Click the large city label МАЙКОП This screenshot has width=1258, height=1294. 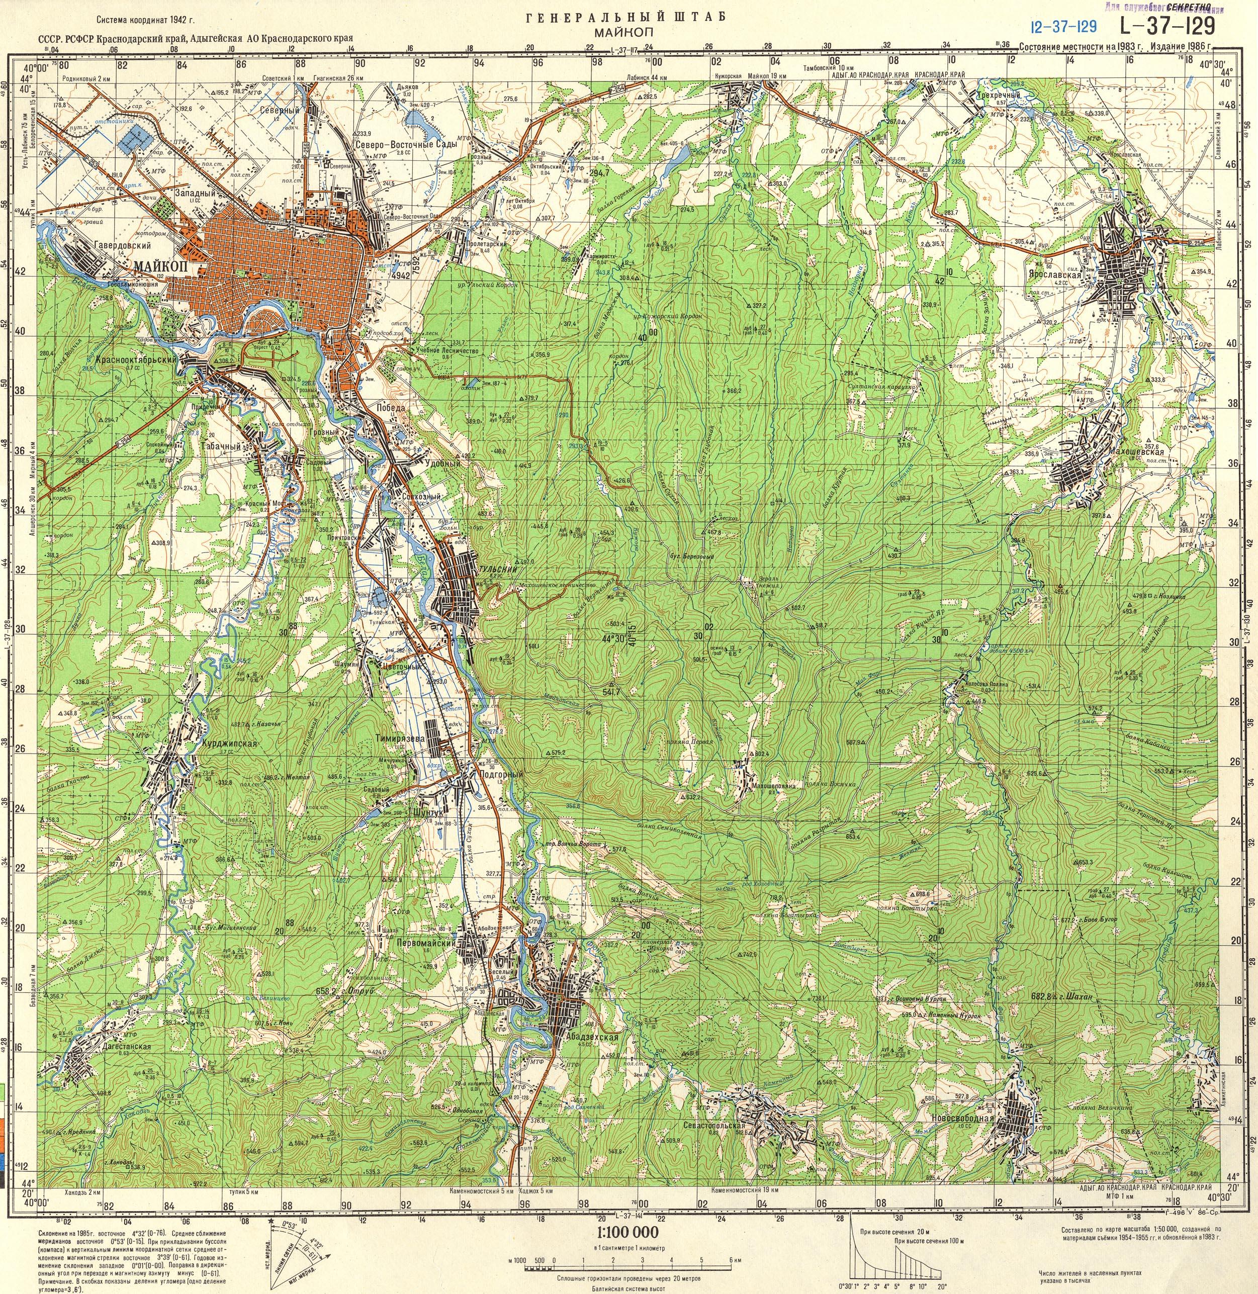click(x=160, y=265)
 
